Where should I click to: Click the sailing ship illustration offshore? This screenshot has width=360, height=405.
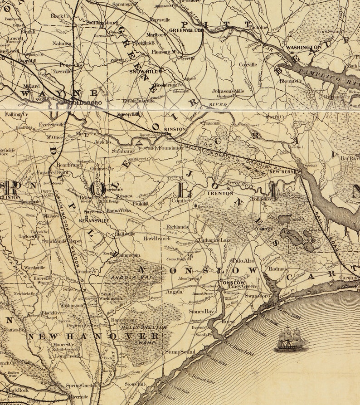290,340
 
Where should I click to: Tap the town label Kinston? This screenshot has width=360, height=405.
175,129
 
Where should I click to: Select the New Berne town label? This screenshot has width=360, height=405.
282,172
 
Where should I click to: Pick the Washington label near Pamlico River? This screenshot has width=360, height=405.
303,47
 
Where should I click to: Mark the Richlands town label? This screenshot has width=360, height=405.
177,226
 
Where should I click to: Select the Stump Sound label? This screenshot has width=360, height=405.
180,352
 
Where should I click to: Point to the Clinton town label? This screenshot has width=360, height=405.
10,198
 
